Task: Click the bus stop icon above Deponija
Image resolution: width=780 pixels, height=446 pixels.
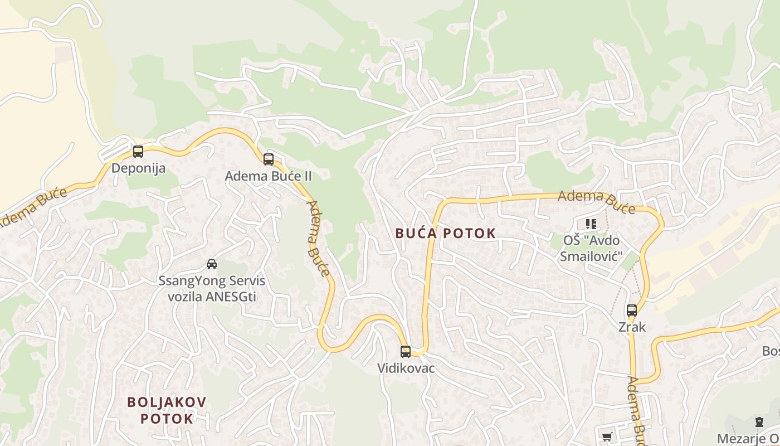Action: coord(138,151)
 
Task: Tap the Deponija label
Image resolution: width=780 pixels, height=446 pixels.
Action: coord(138,168)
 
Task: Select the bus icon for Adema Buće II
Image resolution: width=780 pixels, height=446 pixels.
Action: coord(269,159)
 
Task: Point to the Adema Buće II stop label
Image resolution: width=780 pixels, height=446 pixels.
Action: coord(268,176)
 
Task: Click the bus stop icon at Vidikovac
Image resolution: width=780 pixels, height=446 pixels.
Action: coord(406,352)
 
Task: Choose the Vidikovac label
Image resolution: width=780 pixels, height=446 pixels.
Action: coord(406,369)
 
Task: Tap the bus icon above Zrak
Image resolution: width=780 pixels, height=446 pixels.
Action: coord(631,311)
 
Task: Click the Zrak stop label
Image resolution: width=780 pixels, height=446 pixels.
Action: coord(632,327)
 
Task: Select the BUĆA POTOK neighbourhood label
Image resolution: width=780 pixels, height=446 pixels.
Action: coord(445,234)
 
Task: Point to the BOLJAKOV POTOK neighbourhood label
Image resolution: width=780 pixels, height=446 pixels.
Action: coord(167,410)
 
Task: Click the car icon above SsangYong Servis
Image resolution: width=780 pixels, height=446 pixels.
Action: coord(212,264)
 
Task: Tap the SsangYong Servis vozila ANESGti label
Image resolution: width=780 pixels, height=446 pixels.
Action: coord(212,288)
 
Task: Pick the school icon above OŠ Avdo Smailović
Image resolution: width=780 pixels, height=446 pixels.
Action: coord(591,224)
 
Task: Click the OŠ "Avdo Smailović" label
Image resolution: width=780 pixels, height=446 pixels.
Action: coord(591,249)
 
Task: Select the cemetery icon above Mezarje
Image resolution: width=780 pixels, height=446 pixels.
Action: coord(759,422)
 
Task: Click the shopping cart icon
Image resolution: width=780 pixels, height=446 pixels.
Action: coord(607,437)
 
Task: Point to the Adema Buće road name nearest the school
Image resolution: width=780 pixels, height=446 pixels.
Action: coord(596,201)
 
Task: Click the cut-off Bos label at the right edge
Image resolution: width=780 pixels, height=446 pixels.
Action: coord(771,351)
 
